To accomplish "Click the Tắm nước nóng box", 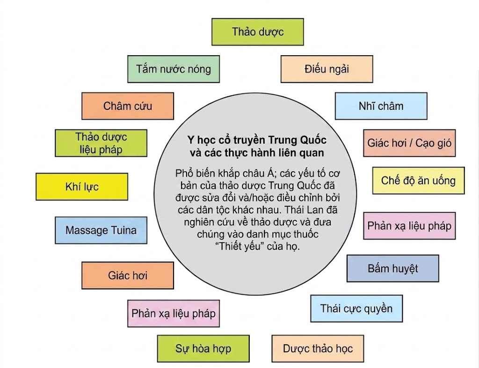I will [x=174, y=69].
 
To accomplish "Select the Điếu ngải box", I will [x=327, y=69].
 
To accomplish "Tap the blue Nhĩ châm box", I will [x=381, y=106].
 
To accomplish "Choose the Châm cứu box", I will [x=128, y=106].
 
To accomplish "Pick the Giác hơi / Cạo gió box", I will [x=409, y=143].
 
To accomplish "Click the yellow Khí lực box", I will [x=82, y=187].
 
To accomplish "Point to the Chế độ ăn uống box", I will [x=418, y=180].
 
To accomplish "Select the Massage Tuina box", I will [x=101, y=230].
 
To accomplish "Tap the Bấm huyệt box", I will [x=393, y=268].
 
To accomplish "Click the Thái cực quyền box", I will [x=356, y=308].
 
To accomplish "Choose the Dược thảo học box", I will [x=318, y=348].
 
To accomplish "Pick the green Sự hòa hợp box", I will [x=203, y=348].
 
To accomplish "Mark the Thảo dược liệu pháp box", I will [x=101, y=143].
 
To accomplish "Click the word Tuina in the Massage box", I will [x=123, y=230].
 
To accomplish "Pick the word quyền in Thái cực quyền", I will [x=379, y=308].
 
